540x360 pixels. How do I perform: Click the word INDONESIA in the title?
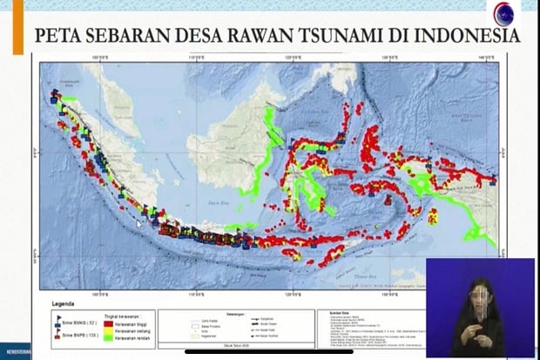(x=460, y=36)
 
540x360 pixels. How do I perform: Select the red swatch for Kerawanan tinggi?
(x=110, y=322)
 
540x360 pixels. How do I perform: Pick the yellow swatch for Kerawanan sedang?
(x=110, y=329)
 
